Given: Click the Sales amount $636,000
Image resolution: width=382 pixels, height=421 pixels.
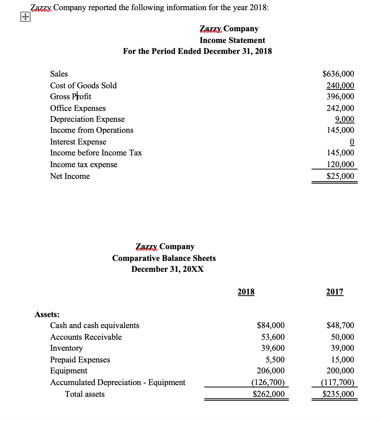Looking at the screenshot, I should pyautogui.click(x=338, y=74).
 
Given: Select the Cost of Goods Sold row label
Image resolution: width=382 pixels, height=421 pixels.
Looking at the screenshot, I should pyautogui.click(x=83, y=86).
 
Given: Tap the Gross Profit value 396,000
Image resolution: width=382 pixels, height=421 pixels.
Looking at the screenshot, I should pyautogui.click(x=340, y=96).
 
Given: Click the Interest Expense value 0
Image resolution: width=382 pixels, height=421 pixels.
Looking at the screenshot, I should pyautogui.click(x=351, y=141).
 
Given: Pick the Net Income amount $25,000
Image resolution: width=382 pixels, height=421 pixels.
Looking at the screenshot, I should pyautogui.click(x=340, y=176).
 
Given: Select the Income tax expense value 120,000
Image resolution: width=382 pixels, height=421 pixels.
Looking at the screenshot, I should pyautogui.click(x=340, y=164).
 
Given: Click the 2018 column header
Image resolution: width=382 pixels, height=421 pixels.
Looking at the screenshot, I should pyautogui.click(x=246, y=292).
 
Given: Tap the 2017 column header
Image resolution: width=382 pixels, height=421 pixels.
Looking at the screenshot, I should pyautogui.click(x=335, y=292).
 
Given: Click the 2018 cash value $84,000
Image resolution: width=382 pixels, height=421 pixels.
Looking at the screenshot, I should pyautogui.click(x=270, y=325).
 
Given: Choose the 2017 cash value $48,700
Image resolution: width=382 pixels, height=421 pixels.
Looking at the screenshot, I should pyautogui.click(x=340, y=325).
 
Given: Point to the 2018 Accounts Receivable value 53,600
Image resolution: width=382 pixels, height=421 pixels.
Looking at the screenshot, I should pyautogui.click(x=273, y=337).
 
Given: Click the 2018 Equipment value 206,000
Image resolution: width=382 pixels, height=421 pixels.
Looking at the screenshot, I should pyautogui.click(x=270, y=371).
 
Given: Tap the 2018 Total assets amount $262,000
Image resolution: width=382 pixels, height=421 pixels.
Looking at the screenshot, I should pyautogui.click(x=268, y=394).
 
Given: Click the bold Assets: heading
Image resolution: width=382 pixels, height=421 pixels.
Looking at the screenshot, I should pyautogui.click(x=47, y=314).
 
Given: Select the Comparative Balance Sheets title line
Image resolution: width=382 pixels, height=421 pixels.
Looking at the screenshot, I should pyautogui.click(x=164, y=258).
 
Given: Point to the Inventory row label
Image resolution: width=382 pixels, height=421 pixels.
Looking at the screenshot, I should pyautogui.click(x=67, y=348).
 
